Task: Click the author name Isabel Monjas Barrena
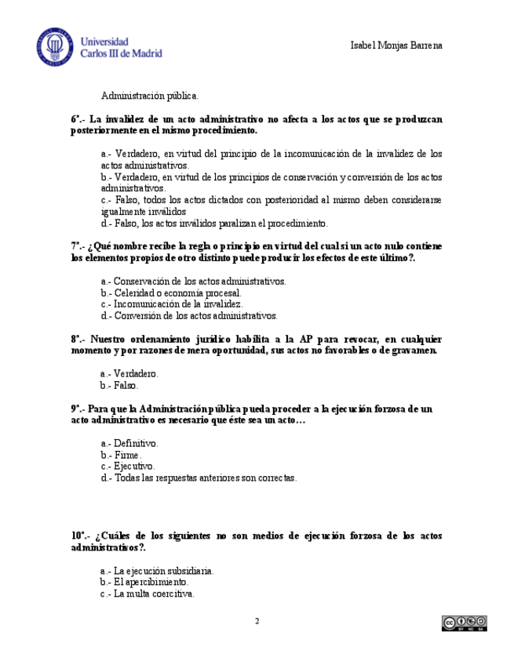point(396,45)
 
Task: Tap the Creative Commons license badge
point(459,623)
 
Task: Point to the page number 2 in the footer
point(257,622)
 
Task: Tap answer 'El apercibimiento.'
point(151,583)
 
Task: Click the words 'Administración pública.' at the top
point(150,96)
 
